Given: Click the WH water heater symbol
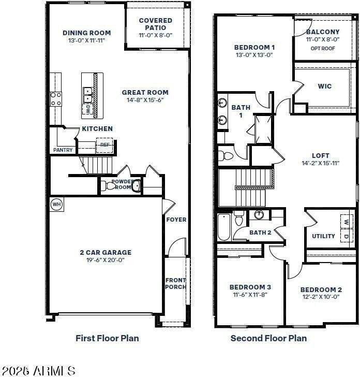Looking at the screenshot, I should point(56,205).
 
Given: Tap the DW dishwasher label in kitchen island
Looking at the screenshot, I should point(88,109).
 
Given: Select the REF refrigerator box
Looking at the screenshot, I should point(105,145).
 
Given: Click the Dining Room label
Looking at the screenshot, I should point(87,33).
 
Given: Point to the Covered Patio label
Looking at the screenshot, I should point(156,24).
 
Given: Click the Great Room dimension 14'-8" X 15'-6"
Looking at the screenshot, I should point(145,100).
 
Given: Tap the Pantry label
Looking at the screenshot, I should point(63,150).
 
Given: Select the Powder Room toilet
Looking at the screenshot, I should point(110,185).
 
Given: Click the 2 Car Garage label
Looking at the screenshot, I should point(106,252).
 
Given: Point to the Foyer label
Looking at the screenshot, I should point(176,220).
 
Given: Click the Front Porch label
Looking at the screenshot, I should point(175,283).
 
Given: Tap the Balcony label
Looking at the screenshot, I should point(323,32).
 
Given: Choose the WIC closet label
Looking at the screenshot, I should point(325,86).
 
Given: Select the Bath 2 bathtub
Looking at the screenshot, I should point(223,227).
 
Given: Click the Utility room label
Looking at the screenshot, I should point(323,236).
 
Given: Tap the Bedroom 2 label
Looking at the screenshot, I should point(321,289).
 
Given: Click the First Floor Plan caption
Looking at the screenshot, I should point(107,338).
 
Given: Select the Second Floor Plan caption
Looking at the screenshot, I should point(268,338).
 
